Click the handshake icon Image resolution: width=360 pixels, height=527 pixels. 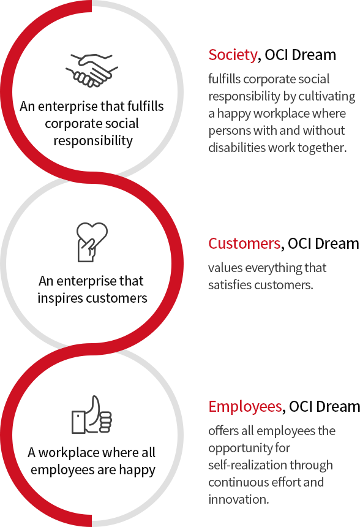[92, 70]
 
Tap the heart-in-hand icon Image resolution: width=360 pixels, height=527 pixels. [92, 242]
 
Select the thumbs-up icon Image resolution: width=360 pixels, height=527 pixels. [92, 415]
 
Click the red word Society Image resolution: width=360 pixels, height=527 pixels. [233, 55]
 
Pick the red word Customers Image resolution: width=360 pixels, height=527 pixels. [244, 243]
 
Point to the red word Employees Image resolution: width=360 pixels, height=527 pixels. [245, 407]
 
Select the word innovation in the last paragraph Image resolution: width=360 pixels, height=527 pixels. [239, 499]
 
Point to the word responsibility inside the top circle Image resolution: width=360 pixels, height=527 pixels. [93, 140]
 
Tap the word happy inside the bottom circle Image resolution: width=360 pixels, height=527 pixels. [137, 470]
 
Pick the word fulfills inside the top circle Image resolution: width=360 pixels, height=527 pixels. [146, 106]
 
